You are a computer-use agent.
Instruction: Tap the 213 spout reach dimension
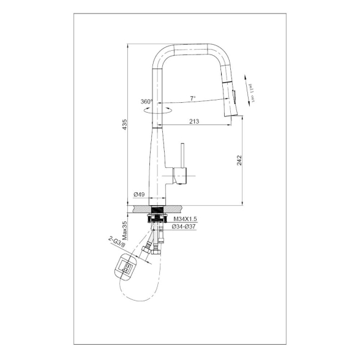(193, 121)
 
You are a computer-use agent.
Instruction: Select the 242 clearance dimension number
(240, 160)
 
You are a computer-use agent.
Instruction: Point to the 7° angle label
(192, 98)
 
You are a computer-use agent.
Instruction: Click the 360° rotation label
(146, 102)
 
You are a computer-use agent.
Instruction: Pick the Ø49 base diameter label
(139, 195)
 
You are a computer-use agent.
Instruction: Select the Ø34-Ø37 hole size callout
(184, 227)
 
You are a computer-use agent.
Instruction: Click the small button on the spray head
(233, 96)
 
